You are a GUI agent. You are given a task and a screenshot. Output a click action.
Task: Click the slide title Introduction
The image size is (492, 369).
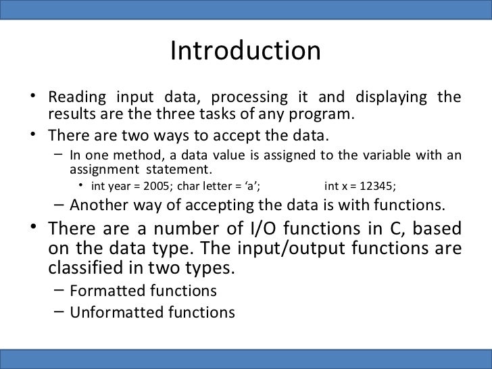click(x=245, y=51)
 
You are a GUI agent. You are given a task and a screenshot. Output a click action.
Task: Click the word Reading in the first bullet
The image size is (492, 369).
click(x=74, y=97)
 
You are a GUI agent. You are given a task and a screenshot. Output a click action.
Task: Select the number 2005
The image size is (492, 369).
click(x=157, y=186)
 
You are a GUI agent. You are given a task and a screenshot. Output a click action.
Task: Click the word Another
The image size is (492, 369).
click(x=98, y=205)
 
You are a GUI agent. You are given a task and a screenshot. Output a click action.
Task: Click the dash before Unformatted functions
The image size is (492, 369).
click(x=59, y=312)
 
